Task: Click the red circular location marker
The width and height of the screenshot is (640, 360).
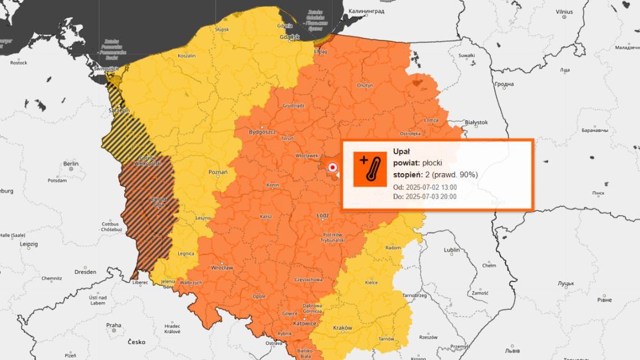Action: pos(332,167)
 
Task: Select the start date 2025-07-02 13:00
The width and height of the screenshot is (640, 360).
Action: pos(431,187)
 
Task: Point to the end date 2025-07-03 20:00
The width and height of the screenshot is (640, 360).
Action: pos(431,197)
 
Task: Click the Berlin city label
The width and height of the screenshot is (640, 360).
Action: pos(71,164)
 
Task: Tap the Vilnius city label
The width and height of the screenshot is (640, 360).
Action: pos(564,11)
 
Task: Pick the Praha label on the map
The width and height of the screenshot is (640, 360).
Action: pos(113,325)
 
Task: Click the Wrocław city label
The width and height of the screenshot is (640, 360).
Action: pos(222,267)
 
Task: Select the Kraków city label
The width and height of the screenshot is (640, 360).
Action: pos(342,327)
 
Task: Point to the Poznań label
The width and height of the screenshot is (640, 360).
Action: pos(218,172)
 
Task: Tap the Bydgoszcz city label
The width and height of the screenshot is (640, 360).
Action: pos(262,132)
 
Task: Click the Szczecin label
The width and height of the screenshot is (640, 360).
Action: pos(119,110)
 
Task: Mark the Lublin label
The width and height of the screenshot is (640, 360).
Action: pos(451,250)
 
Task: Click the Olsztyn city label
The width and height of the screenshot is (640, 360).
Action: pos(365,85)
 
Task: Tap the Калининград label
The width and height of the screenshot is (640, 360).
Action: pos(367,11)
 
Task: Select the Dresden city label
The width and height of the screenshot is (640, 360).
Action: pos(85,271)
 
